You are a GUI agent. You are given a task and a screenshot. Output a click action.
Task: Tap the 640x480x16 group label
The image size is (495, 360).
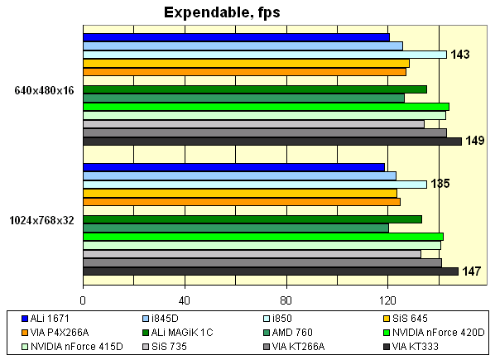(x=45, y=90)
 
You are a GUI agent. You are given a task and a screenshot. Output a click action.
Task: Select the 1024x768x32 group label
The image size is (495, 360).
(x=41, y=220)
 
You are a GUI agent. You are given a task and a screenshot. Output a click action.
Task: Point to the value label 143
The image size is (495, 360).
(x=461, y=55)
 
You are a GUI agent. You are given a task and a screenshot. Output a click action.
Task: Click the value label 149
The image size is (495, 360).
(x=474, y=141)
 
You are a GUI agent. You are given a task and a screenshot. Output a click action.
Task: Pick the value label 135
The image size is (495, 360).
(x=440, y=184)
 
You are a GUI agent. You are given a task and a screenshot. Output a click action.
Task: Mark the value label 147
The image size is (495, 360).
(x=472, y=271)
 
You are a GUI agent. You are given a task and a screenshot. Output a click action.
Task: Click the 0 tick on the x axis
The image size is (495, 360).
(x=83, y=299)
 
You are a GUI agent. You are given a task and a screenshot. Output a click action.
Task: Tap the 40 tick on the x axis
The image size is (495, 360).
(x=185, y=299)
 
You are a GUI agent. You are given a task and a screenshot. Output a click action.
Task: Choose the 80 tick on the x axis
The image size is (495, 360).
(x=286, y=299)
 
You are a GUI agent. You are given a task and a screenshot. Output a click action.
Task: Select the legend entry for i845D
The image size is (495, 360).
(x=162, y=319)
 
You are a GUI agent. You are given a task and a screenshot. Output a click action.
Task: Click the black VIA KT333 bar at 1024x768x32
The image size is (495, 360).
(x=271, y=271)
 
